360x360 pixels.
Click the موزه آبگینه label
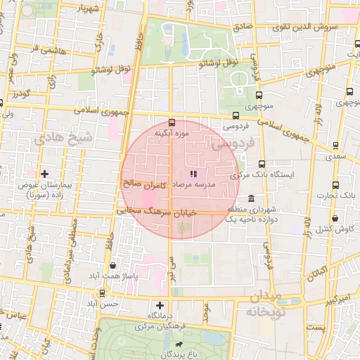[173, 132]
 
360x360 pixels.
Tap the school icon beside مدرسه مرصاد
[194, 174]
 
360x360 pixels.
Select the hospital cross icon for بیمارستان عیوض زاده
[45, 173]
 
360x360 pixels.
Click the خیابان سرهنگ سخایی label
[140, 210]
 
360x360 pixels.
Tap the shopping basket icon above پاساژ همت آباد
[114, 265]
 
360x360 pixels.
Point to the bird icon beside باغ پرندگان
[179, 345]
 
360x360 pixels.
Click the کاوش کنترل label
[334, 229]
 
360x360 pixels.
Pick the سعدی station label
[337, 160]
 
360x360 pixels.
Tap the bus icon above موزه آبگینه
[173, 122]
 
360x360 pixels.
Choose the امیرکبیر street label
[324, 299]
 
